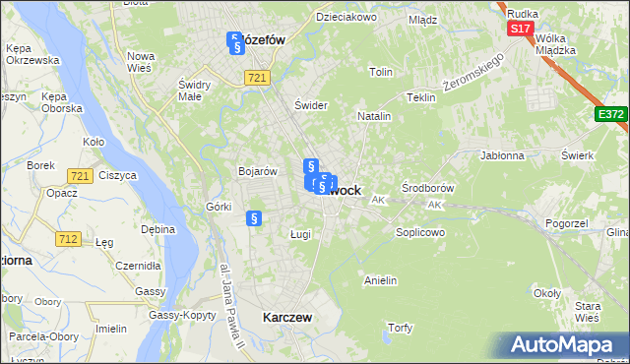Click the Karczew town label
point(287,318)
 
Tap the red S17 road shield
point(521,29)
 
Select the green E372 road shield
point(610,115)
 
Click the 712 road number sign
point(68,238)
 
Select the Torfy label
point(400,327)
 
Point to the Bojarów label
point(255,171)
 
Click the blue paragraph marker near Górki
point(254,219)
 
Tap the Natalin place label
point(374,116)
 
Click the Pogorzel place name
point(565,224)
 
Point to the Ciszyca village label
point(117,175)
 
